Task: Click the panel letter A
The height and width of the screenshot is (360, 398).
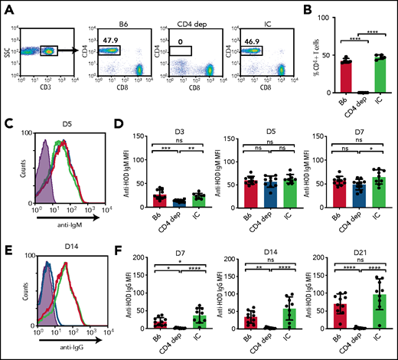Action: coord(7,7)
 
